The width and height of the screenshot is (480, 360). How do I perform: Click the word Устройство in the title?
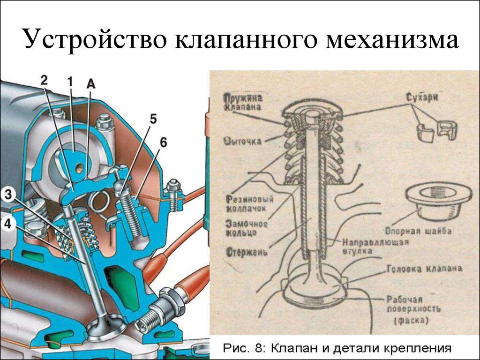(x=96, y=40)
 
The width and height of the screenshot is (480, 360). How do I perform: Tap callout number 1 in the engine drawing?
(x=70, y=82)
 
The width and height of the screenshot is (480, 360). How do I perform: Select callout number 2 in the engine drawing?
(x=44, y=80)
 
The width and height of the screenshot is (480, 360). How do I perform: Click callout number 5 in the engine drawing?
(x=153, y=119)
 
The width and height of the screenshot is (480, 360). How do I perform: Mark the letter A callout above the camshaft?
(x=91, y=83)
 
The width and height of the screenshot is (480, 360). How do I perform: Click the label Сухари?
(x=420, y=98)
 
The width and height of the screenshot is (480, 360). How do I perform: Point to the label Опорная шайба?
(x=418, y=231)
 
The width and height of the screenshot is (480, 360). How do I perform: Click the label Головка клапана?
(x=425, y=269)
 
